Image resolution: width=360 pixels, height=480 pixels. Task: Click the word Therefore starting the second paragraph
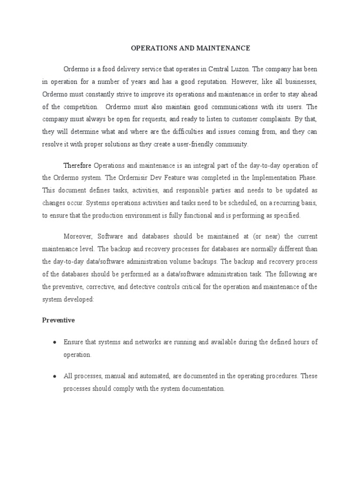pyautogui.click(x=78, y=165)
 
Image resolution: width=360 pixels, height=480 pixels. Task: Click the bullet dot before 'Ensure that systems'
pyautogui.click(x=55, y=342)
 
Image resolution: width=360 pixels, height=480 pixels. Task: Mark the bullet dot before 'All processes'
pyautogui.click(x=55, y=376)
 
